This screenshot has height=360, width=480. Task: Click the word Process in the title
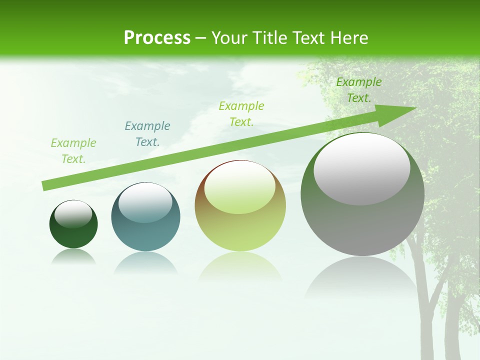point(157,38)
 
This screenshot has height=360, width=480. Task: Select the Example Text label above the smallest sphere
point(73,151)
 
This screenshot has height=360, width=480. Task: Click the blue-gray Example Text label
point(147,134)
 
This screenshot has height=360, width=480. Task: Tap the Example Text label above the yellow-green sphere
point(241,114)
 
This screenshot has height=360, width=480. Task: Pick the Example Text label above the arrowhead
point(358,90)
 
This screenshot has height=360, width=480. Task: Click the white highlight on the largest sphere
point(361,169)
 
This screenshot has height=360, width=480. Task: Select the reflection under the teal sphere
point(145,262)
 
